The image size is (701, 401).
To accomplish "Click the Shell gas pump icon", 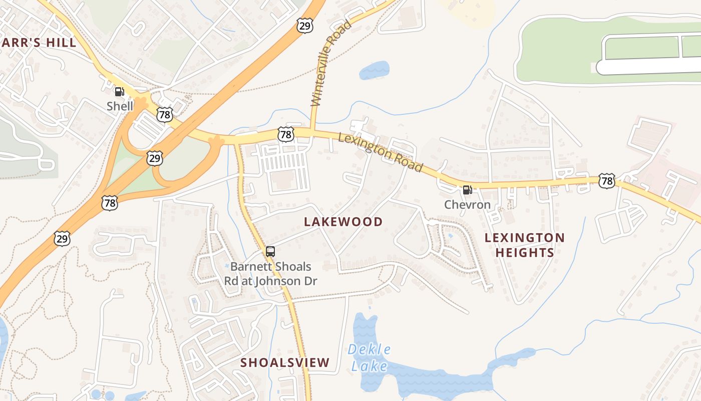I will pyautogui.click(x=119, y=92).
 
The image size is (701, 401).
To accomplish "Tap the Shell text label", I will pyautogui.click(x=120, y=106).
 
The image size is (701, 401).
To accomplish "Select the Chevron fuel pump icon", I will pyautogui.click(x=467, y=189).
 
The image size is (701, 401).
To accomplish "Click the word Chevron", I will pyautogui.click(x=467, y=205).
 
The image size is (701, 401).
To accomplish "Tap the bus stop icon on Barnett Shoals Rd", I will pyautogui.click(x=270, y=252).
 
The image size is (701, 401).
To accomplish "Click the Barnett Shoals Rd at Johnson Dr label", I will pyautogui.click(x=270, y=274).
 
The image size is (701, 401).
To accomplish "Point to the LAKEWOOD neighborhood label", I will pyautogui.click(x=343, y=222).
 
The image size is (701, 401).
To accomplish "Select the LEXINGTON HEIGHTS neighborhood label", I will pyautogui.click(x=525, y=245).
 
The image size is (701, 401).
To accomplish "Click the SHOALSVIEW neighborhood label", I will pyautogui.click(x=285, y=362).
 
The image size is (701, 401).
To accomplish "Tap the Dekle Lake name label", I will pyautogui.click(x=370, y=357).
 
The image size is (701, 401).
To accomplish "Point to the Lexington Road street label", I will pyautogui.click(x=381, y=151).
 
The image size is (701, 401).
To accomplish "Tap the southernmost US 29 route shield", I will pyautogui.click(x=62, y=239).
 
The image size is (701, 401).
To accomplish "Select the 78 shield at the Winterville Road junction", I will pyautogui.click(x=285, y=134).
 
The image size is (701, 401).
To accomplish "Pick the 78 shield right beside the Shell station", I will pyautogui.click(x=164, y=115).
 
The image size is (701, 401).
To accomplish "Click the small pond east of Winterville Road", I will pyautogui.click(x=374, y=70).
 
